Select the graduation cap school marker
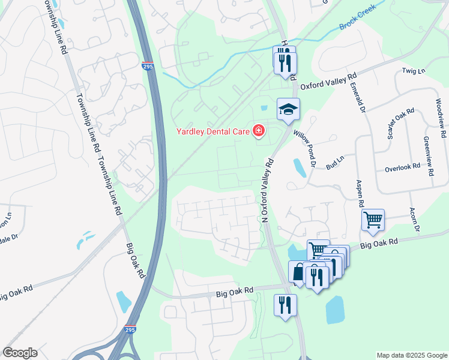pos(288,110)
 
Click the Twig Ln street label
pos(413,71)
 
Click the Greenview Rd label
pos(428,155)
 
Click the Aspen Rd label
pos(360,193)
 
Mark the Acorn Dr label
pos(414,218)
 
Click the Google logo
pos(20,353)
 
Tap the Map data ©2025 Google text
pos(411,355)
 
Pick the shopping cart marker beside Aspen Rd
pos(373,220)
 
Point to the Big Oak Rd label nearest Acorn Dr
pos(379,244)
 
